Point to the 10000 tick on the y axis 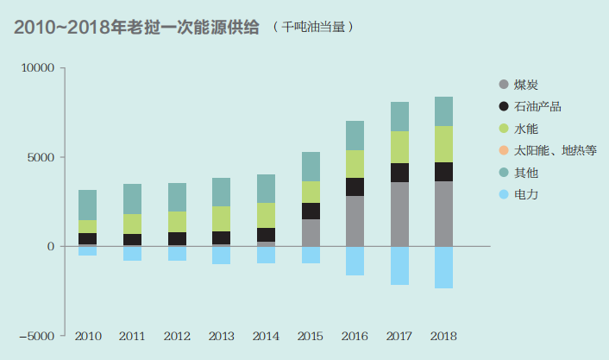pos(38,68)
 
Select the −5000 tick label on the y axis pos(35,335)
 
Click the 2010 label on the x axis pos(87,335)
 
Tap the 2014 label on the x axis pos(265,335)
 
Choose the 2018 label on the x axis pos(443,335)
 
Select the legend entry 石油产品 pos(537,107)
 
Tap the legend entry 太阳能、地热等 pos(555,151)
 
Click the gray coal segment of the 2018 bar pos(443,213)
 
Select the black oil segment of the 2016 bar pos(355,186)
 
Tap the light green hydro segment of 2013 pos(221,218)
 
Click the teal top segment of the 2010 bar pos(87,205)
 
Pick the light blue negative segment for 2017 pos(399,265)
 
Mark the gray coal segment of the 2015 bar pos(310,232)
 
